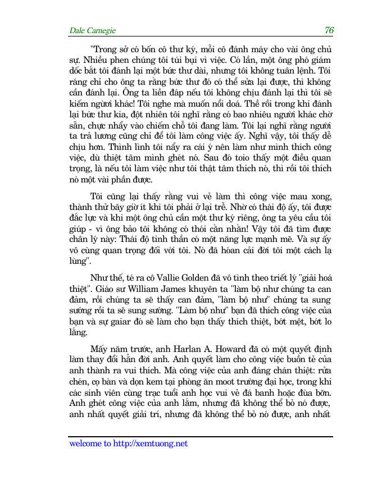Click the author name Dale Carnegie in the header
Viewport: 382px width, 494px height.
click(92, 30)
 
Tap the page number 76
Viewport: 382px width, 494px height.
click(329, 30)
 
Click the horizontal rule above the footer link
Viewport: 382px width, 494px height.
click(200, 436)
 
